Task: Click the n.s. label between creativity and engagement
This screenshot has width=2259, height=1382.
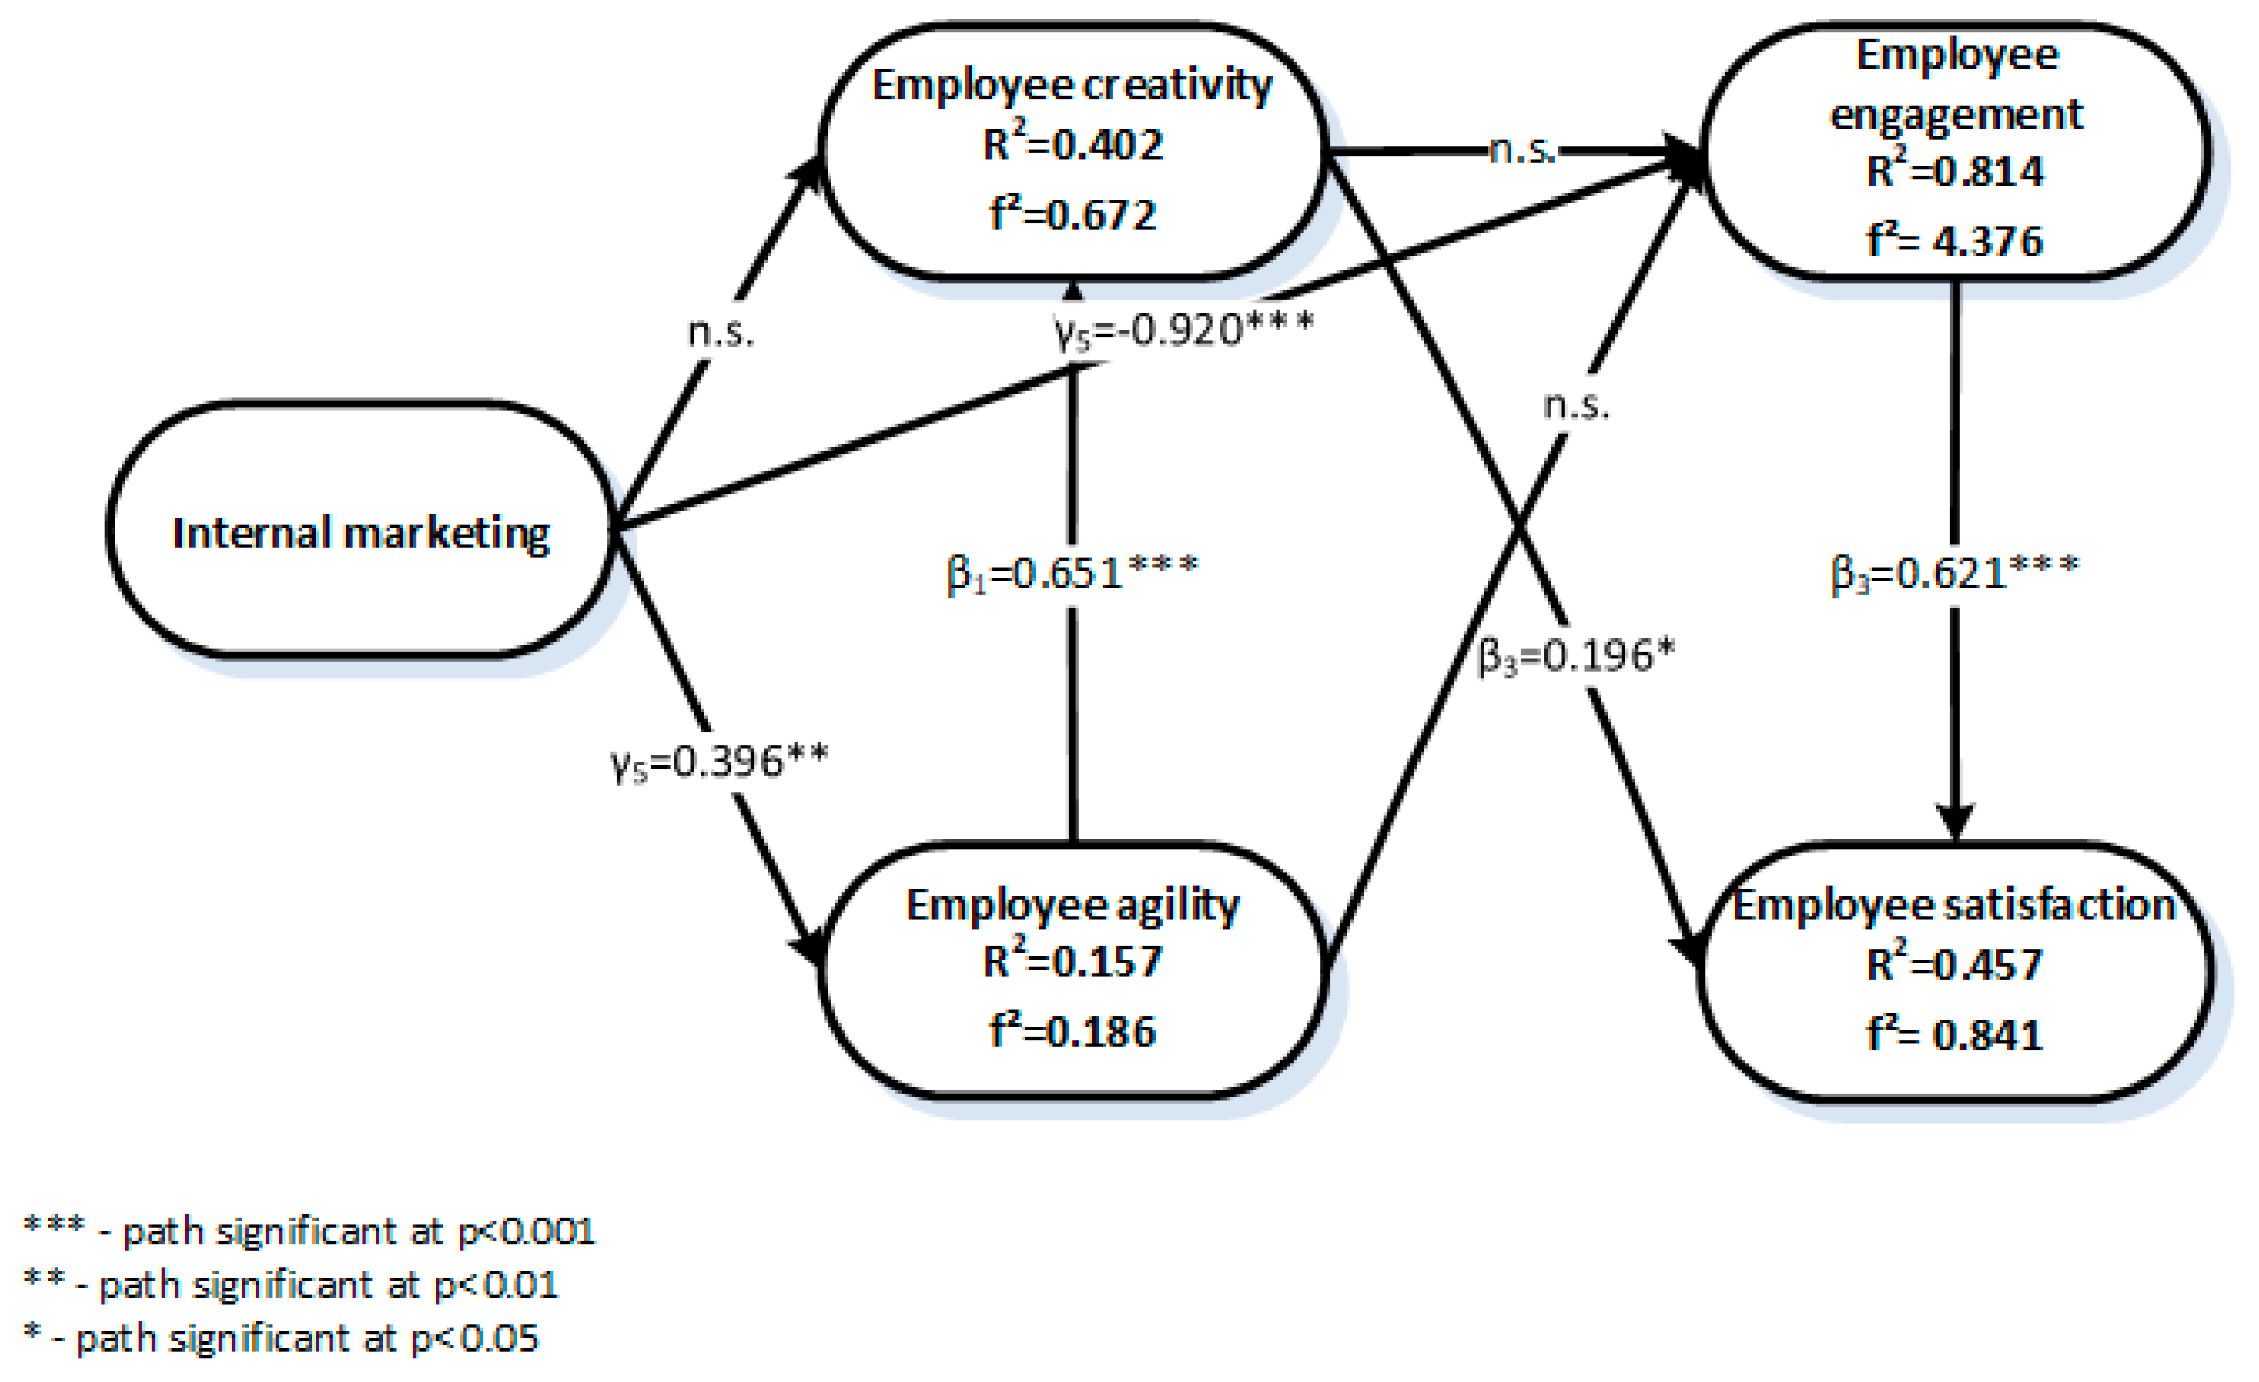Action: coord(1522,149)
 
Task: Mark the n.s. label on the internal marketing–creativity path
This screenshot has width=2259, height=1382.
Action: coord(721,332)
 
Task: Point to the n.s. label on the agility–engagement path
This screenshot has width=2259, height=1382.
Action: coord(1576,405)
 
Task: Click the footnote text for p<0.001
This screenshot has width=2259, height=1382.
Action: coord(310,1231)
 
